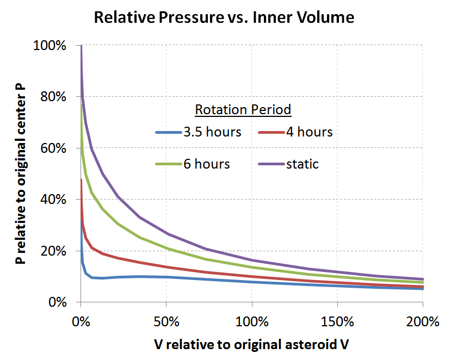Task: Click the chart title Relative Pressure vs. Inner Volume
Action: click(x=224, y=17)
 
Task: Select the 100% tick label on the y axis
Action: click(x=50, y=46)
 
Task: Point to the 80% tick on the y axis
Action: click(x=53, y=97)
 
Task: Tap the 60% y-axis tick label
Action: click(x=53, y=148)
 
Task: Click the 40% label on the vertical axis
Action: click(x=53, y=200)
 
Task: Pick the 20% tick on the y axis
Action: click(x=53, y=251)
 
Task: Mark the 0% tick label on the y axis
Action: click(x=57, y=302)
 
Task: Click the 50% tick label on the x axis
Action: click(x=166, y=321)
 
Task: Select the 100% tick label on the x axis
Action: click(x=252, y=321)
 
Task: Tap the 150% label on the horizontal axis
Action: click(x=337, y=321)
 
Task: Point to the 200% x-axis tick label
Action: click(x=423, y=321)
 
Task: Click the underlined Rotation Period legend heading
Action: click(x=243, y=109)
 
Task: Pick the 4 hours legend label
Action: click(x=309, y=132)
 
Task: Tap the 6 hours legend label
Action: click(x=207, y=164)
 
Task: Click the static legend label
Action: click(x=302, y=164)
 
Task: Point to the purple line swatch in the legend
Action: click(x=269, y=164)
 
